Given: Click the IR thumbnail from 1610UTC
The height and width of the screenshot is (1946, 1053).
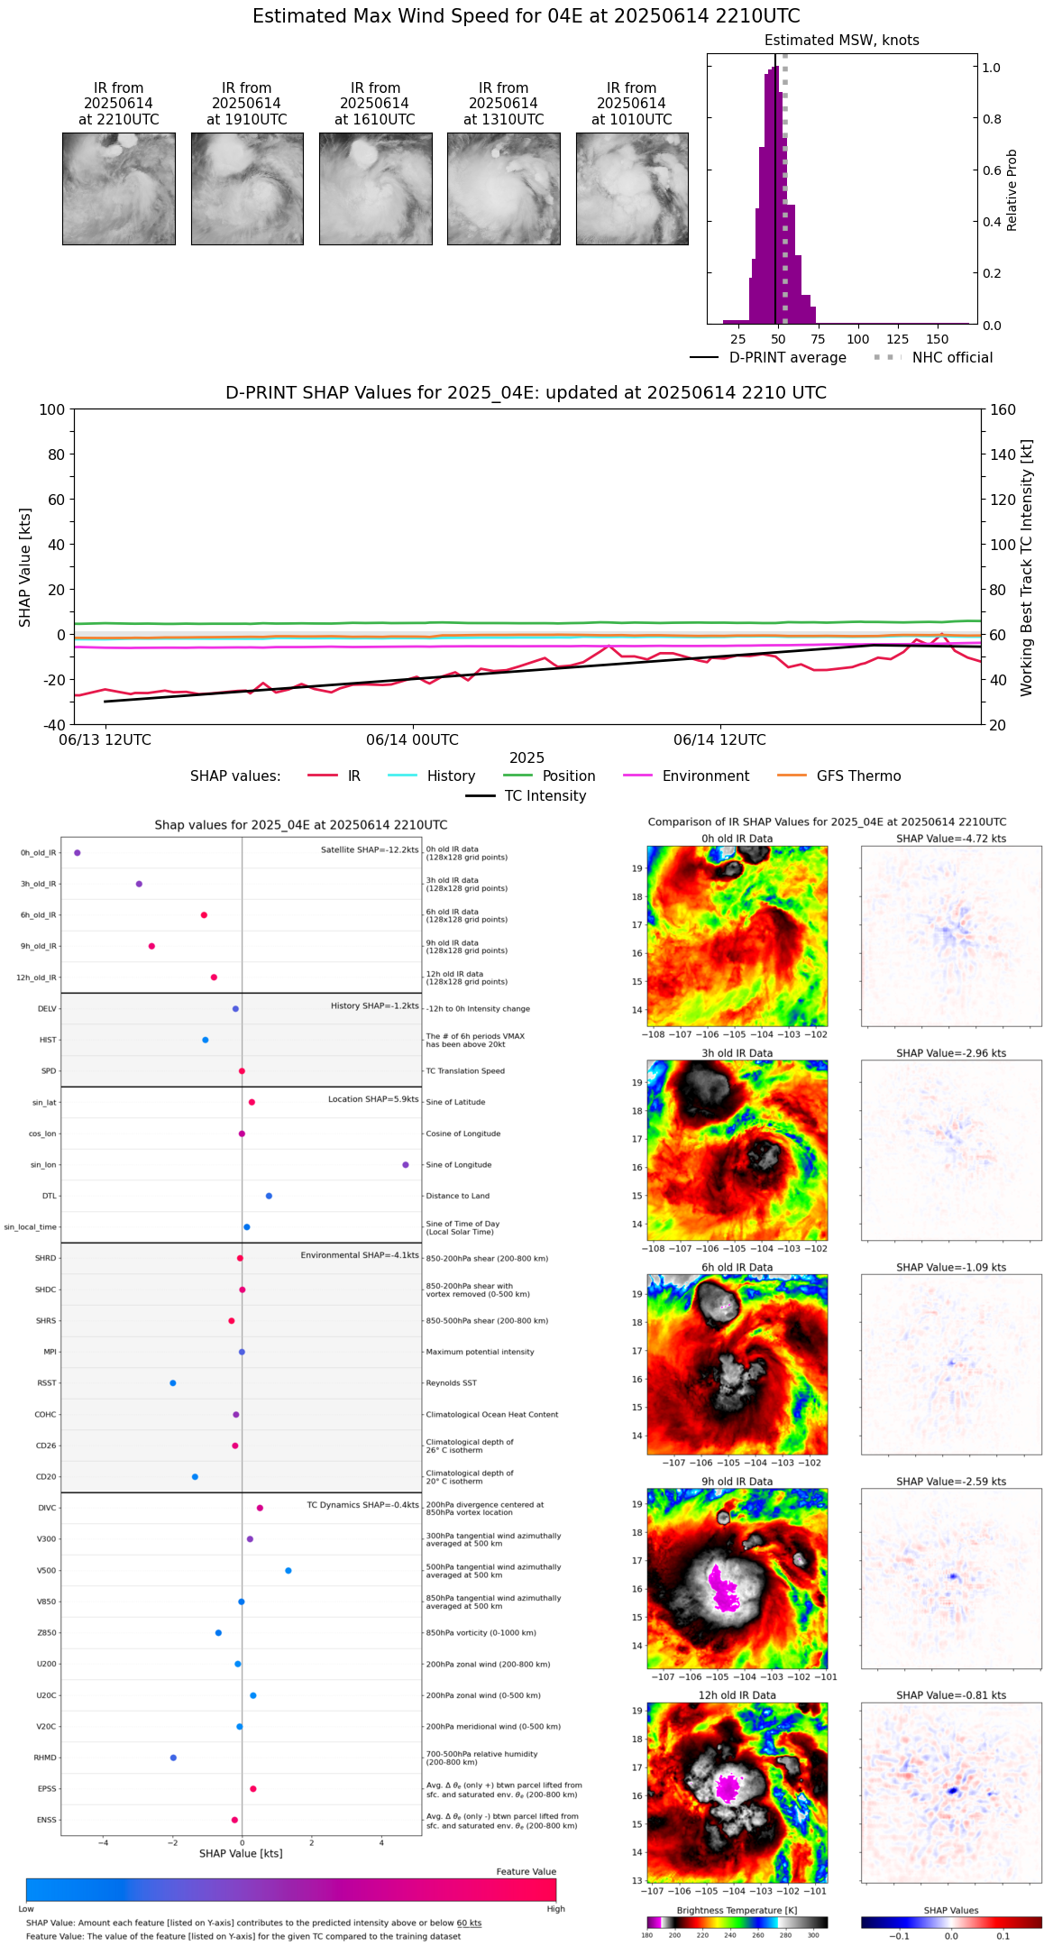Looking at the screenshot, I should point(375,188).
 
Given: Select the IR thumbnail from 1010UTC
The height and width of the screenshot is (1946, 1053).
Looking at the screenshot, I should point(632,188).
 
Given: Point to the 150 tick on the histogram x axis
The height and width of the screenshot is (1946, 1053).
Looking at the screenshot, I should point(938,339).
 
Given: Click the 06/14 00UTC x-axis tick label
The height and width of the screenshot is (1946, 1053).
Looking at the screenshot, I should point(412,740).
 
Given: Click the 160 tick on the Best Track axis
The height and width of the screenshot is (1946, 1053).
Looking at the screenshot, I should point(1003,409).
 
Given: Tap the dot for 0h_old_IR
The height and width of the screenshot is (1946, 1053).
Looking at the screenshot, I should point(78,852).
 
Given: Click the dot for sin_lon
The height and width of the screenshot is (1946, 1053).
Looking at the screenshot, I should point(406,1165).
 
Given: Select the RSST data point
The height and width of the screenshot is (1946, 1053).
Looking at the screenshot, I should point(173,1383).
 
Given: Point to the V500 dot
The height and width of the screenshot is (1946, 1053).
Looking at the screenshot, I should point(288,1571).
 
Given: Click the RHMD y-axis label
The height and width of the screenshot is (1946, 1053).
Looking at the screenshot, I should point(45,1758).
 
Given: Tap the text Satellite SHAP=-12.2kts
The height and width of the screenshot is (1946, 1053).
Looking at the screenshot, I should point(370,850).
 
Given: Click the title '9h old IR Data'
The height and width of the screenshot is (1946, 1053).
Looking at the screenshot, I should point(737,1482).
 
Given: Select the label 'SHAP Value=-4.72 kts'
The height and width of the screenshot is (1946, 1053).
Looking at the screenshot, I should point(951,839).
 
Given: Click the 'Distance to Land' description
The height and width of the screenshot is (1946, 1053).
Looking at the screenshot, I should point(457,1197).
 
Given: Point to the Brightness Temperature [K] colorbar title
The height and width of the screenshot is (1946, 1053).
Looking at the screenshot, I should point(737,1911).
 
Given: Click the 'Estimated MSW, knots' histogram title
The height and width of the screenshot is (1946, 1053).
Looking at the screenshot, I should point(841,41).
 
